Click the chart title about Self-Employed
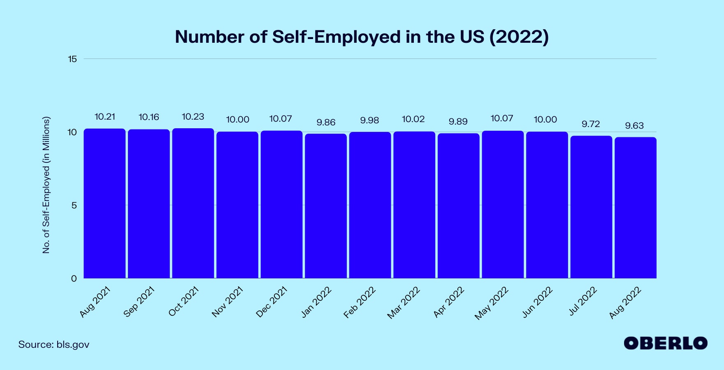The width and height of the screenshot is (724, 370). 362,37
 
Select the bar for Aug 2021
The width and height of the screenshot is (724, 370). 104,203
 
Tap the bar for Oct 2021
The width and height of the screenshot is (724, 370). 193,203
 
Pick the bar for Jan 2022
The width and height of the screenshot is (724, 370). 326,206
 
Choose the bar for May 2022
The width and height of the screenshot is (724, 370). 503,205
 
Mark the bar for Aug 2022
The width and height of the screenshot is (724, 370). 635,208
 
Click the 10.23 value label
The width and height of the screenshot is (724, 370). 193,117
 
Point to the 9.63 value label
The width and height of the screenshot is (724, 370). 634,126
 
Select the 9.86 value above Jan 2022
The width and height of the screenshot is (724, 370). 326,123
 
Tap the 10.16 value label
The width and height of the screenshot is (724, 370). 149,117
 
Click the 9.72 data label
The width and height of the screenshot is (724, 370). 591,124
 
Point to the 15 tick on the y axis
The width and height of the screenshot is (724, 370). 72,59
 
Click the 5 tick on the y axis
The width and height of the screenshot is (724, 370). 74,206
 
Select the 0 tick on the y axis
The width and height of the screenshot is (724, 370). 74,279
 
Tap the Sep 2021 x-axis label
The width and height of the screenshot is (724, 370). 139,302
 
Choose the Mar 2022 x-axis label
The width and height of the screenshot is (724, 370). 404,303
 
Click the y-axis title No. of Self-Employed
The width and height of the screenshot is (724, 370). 46,185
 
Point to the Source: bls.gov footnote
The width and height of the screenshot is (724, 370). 54,345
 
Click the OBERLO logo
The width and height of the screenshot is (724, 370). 665,343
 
